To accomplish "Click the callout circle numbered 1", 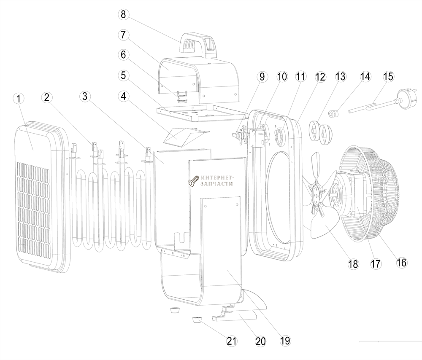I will pyautogui.click(x=18, y=99).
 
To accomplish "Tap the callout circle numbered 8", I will pyautogui.click(x=123, y=14).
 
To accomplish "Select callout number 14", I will pyautogui.click(x=365, y=77).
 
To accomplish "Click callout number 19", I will pyautogui.click(x=285, y=340).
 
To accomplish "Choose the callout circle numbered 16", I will pyautogui.click(x=401, y=262).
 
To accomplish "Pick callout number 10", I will pyautogui.click(x=281, y=77).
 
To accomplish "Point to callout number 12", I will pyautogui.click(x=320, y=77).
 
